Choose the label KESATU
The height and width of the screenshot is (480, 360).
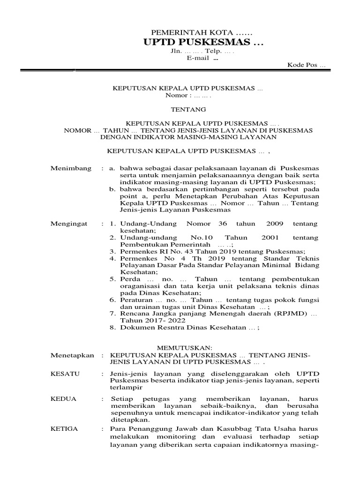click(x=65, y=374)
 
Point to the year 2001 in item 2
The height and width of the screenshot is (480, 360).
click(x=265, y=237)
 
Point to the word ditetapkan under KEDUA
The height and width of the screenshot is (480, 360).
click(x=127, y=420)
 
